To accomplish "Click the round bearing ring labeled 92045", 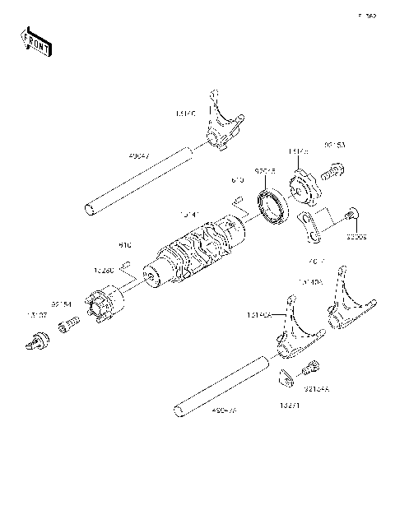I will click(272, 205).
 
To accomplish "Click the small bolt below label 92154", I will click(65, 328).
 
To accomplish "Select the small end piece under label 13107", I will click(37, 339).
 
